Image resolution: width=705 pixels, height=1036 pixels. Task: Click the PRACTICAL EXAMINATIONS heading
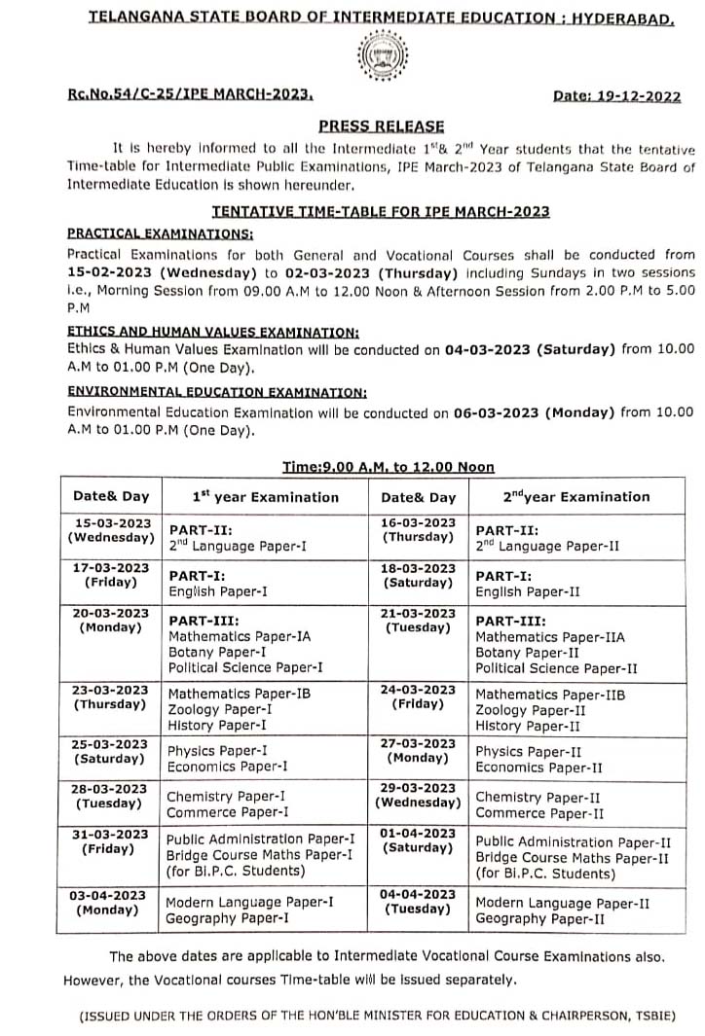(x=160, y=233)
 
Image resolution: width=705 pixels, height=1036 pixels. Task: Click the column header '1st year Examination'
(x=265, y=496)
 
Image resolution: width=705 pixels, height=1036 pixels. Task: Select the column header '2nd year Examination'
(x=575, y=496)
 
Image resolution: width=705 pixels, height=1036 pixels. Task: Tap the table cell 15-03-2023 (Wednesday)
(x=109, y=530)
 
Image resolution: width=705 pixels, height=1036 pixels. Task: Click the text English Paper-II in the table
(x=528, y=591)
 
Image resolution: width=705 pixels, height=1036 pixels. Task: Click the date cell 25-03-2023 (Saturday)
(x=109, y=752)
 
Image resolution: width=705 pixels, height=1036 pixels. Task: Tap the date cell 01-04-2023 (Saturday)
(x=418, y=840)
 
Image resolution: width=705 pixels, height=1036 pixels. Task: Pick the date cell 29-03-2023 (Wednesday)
(x=418, y=796)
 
